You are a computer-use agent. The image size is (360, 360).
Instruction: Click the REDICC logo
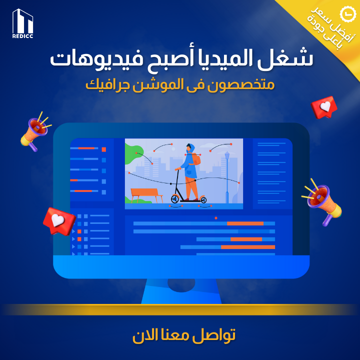22,23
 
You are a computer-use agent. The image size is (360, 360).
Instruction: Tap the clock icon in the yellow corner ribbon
347,14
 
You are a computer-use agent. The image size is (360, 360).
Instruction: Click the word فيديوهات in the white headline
96,59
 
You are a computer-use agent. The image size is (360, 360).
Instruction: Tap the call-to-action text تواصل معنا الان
184,335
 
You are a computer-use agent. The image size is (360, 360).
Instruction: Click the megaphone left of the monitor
35,132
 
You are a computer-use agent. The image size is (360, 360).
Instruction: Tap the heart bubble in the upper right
324,107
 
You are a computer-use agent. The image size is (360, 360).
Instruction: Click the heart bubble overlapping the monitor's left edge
59,221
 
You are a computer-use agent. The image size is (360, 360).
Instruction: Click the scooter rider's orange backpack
195,159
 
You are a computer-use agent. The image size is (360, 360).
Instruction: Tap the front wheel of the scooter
175,199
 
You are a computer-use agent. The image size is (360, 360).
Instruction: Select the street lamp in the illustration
227,177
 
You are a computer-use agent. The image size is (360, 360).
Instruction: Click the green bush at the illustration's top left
133,153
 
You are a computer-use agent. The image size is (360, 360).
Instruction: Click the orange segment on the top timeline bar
245,223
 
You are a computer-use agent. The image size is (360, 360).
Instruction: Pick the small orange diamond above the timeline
216,218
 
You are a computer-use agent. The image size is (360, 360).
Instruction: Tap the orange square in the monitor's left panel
104,149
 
